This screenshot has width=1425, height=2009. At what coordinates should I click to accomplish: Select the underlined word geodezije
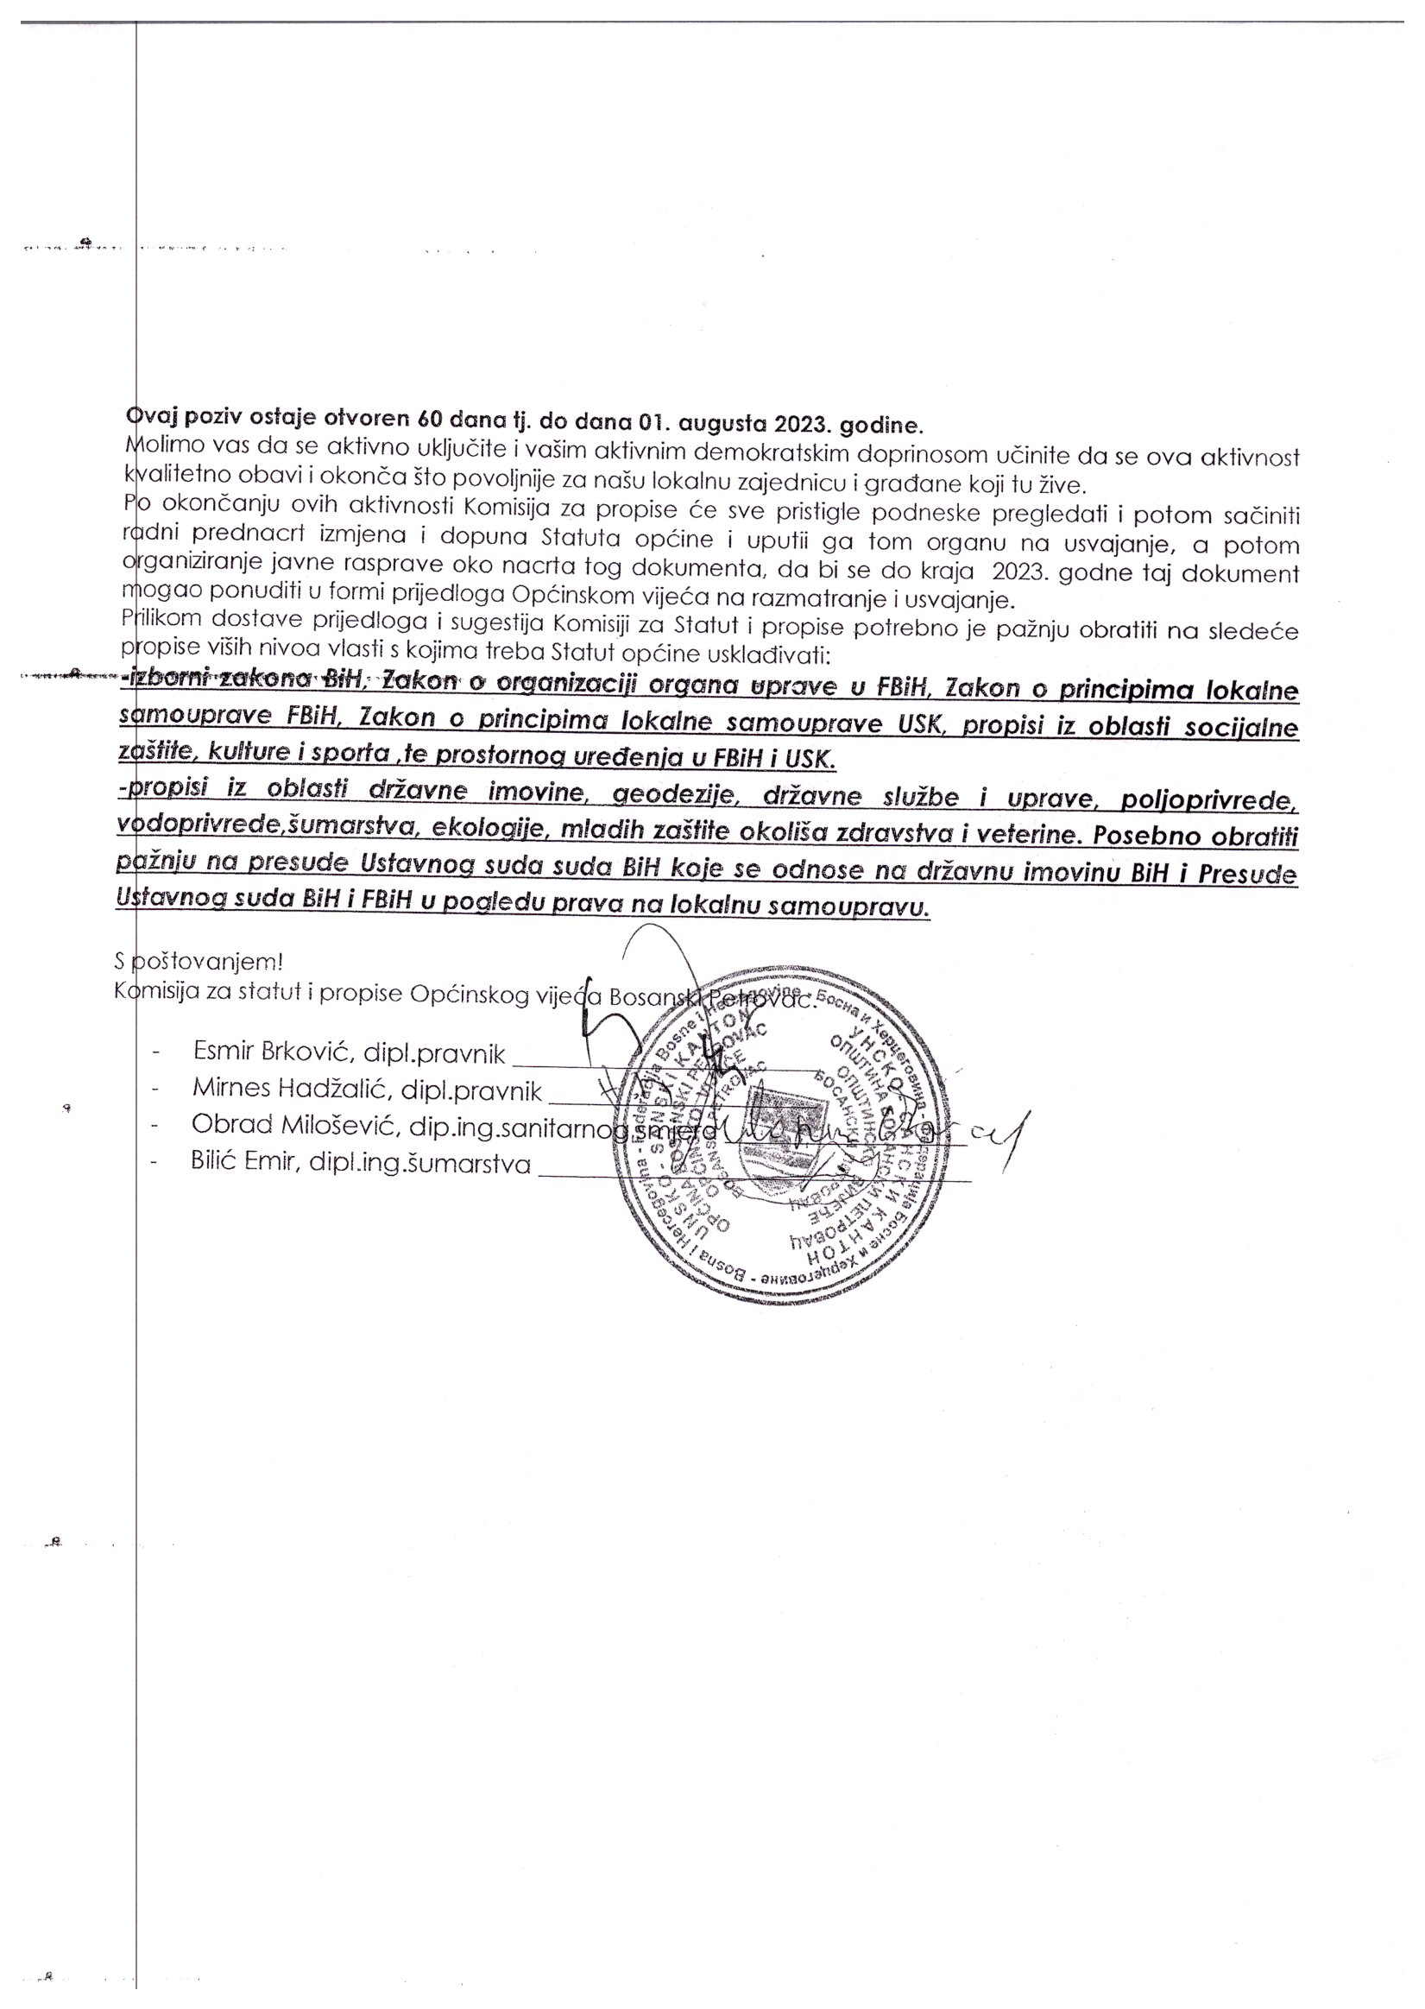[670, 797]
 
